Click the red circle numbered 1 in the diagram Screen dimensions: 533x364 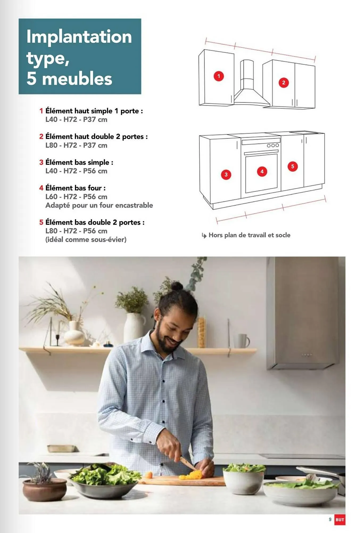click(219, 76)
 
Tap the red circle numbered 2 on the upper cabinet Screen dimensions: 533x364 click(284, 83)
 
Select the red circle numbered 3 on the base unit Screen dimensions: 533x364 click(226, 175)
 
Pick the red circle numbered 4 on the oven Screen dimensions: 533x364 click(262, 171)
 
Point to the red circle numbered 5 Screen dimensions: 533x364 click(292, 167)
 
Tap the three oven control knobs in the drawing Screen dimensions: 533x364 click(273, 146)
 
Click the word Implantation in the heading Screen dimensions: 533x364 click(79, 37)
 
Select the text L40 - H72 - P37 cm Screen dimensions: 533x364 click(76, 119)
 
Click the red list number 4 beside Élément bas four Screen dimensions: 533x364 click(41, 188)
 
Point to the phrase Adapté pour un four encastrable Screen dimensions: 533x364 click(99, 205)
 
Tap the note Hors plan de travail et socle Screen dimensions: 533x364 click(249, 235)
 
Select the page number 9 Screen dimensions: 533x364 click(330, 519)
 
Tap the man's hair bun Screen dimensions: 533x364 click(177, 286)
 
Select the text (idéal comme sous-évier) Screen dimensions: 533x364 click(86, 240)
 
